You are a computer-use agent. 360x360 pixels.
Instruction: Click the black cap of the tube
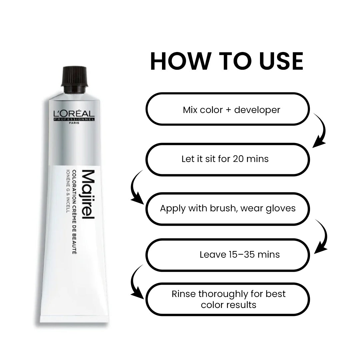coord(74,80)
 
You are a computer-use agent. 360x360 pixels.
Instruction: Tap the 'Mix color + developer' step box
coord(228,109)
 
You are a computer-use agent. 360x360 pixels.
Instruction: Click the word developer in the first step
coord(257,110)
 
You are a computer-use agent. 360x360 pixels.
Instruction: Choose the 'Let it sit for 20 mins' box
coord(228,159)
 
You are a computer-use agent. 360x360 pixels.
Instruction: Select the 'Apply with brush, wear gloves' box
coord(228,209)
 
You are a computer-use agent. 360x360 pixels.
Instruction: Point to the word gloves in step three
coord(282,208)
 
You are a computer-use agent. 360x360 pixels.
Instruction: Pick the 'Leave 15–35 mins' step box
coord(228,255)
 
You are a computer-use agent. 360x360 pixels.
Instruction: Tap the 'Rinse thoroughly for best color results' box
coord(228,299)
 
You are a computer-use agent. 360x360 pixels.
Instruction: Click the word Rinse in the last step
coord(184,294)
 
